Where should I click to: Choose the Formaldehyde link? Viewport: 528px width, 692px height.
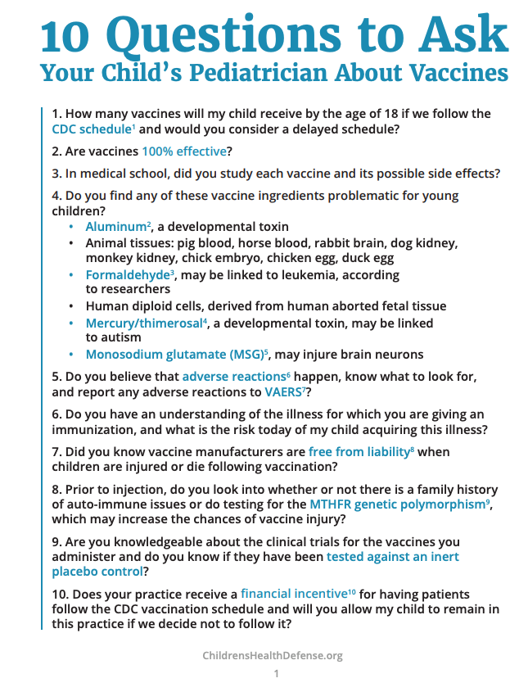click(x=129, y=274)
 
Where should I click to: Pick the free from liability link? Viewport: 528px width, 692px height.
click(x=357, y=451)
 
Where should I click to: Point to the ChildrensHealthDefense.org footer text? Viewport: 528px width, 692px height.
click(x=273, y=655)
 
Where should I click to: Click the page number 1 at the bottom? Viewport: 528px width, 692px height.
click(x=276, y=674)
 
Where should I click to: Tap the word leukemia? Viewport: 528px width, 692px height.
click(x=326, y=275)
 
